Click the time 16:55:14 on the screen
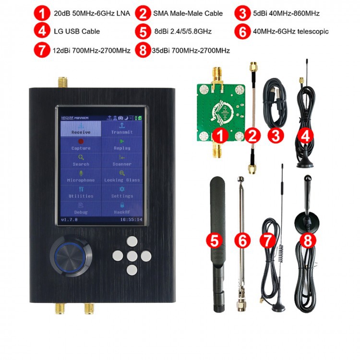(x=131, y=219)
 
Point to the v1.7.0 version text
(x=69, y=219)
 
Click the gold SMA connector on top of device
(x=62, y=82)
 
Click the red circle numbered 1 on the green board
(x=220, y=135)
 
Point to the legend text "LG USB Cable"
(x=77, y=31)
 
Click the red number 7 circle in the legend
(x=41, y=50)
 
